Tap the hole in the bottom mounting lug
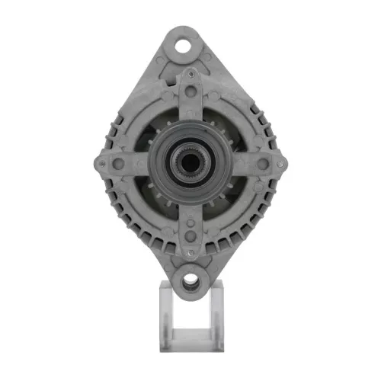click(190, 283)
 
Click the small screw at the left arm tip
click(99, 162)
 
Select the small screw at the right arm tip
click(281, 162)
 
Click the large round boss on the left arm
click(118, 162)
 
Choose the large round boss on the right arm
click(263, 162)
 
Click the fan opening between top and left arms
click(152, 130)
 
